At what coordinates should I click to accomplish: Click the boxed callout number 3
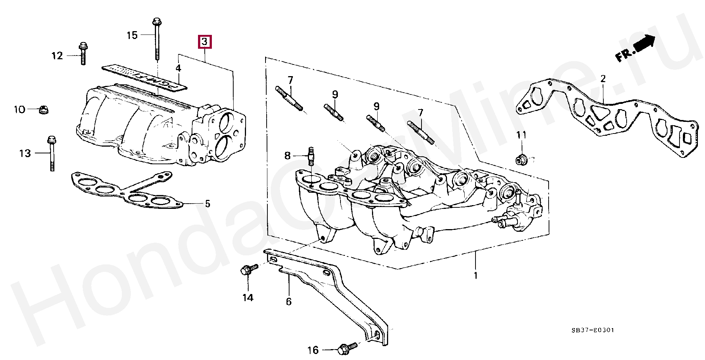205,42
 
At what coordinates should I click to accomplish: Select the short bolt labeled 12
83,55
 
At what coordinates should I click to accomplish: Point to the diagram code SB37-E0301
592,330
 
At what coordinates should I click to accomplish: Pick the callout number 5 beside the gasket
207,204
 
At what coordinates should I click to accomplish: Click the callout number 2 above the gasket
603,79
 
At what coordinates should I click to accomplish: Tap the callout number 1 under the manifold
475,276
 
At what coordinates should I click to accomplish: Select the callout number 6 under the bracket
288,301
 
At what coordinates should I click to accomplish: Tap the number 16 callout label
313,350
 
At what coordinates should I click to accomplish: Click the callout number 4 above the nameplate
178,68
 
